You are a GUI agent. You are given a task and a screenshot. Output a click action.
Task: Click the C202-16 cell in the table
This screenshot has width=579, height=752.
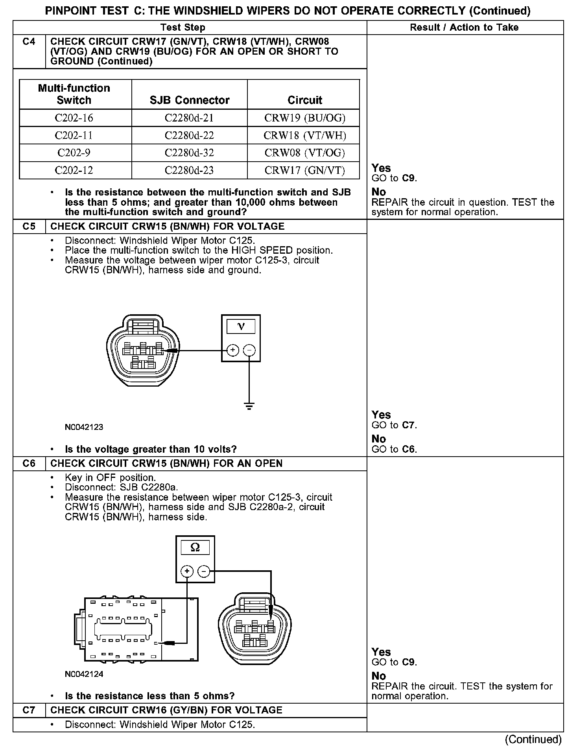74,118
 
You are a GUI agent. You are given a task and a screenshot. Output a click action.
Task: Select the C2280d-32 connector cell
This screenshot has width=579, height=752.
189,153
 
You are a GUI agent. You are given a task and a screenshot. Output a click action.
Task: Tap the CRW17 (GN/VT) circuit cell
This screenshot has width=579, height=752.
304,170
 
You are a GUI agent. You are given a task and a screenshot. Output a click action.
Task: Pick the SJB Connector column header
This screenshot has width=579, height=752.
189,100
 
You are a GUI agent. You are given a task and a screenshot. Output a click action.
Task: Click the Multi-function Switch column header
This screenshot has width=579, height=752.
74,94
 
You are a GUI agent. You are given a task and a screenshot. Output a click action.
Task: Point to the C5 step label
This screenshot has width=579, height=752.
29,227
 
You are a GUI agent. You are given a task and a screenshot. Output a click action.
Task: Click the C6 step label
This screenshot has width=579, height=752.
29,463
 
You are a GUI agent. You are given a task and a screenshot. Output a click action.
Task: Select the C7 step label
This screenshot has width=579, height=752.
29,710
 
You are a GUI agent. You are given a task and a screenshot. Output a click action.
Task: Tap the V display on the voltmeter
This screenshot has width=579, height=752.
241,326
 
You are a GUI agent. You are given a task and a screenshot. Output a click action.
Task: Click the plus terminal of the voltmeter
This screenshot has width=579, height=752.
233,350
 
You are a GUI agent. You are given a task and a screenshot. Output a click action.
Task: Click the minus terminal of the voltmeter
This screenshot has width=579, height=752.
249,350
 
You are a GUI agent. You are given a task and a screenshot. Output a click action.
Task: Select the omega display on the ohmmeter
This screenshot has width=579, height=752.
195,547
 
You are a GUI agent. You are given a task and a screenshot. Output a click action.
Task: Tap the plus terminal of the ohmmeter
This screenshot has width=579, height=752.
187,571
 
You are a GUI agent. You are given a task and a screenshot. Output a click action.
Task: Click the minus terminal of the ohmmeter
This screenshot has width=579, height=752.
203,571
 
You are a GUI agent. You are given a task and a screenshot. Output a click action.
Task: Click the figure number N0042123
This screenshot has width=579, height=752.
84,427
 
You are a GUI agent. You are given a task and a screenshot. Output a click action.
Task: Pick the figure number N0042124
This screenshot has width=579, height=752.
84,674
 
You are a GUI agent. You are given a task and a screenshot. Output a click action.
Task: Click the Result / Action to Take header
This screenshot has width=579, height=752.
464,28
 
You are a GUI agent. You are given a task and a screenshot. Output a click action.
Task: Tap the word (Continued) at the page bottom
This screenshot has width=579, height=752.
533,739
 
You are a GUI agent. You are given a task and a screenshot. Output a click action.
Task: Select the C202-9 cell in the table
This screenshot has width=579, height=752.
74,153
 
